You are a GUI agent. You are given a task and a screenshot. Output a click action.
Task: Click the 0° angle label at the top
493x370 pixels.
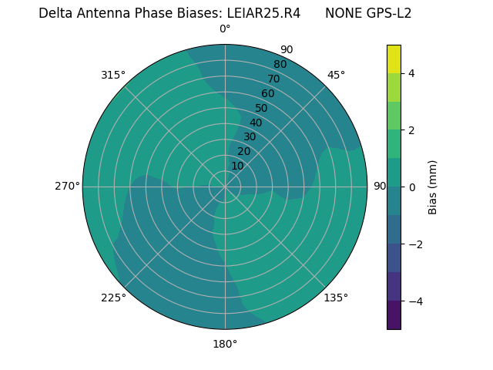[225, 29]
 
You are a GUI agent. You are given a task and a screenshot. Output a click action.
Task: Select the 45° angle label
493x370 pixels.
[336, 75]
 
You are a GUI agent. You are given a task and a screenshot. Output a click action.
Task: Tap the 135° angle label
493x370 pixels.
[336, 298]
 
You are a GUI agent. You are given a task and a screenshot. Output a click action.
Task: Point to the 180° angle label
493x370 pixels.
[225, 344]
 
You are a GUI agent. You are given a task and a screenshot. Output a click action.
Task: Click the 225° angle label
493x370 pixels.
[113, 298]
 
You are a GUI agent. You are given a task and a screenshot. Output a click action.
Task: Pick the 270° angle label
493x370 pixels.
[67, 186]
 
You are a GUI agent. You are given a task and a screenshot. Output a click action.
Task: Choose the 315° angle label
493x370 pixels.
[113, 75]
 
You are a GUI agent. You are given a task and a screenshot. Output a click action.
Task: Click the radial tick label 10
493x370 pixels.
[237, 166]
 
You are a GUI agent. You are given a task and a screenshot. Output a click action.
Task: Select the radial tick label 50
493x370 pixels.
[261, 108]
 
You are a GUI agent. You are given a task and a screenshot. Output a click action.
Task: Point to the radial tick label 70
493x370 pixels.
[273, 79]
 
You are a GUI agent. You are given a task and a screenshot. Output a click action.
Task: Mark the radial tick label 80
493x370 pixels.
[280, 65]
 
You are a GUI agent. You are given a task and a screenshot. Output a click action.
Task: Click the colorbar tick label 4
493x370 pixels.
[411, 73]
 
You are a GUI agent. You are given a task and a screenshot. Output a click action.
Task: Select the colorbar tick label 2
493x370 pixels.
[411, 130]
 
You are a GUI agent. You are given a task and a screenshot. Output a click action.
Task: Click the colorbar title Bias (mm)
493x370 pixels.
[433, 187]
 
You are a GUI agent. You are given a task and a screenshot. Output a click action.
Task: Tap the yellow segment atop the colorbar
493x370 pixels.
[394, 59]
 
